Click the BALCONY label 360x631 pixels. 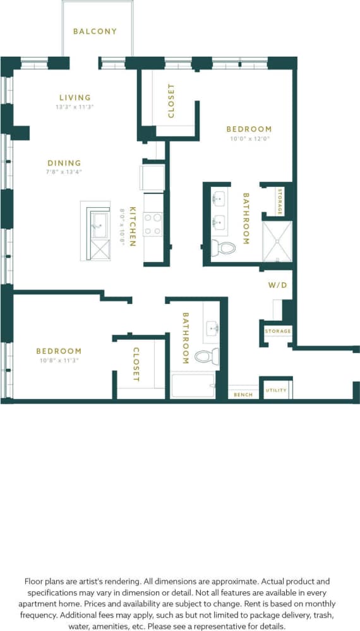(95, 31)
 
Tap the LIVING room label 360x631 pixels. (75, 97)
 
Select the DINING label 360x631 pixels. (64, 163)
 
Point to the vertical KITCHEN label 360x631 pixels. (133, 225)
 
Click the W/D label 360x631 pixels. (277, 285)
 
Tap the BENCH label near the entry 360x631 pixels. (243, 395)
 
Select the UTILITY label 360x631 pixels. (276, 390)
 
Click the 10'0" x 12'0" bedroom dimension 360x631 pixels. (249, 138)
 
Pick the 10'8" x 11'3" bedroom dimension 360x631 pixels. (58, 361)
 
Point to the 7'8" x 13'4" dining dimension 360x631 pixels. (64, 172)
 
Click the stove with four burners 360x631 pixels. (153, 224)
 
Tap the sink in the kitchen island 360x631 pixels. (99, 225)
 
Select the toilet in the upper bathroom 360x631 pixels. (223, 247)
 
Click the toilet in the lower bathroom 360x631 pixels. (207, 356)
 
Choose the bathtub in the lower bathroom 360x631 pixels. (193, 385)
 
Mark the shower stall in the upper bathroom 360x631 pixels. (277, 241)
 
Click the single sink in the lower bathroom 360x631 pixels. (212, 328)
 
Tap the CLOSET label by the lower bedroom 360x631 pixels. (136, 364)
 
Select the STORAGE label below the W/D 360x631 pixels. (278, 331)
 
